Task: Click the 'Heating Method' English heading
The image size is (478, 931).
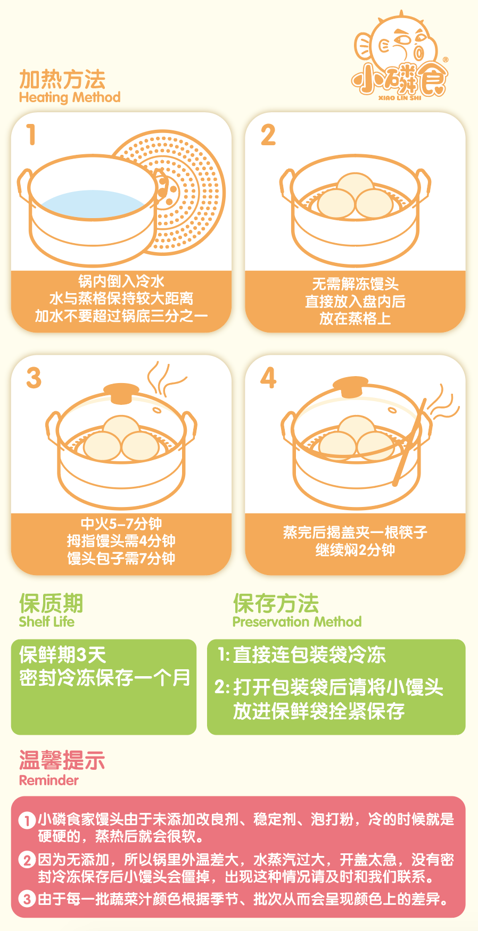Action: click(70, 97)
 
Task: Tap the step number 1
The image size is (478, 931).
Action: click(31, 134)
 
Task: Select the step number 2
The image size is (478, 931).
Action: click(268, 135)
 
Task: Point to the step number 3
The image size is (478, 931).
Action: click(34, 378)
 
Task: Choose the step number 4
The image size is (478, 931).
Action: click(268, 378)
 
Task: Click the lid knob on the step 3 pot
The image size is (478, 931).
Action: click(121, 393)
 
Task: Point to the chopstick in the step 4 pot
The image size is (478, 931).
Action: click(410, 442)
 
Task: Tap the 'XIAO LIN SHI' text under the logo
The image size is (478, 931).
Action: click(400, 98)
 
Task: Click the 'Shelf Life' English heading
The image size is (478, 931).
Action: click(47, 621)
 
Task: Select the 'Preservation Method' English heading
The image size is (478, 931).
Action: click(297, 621)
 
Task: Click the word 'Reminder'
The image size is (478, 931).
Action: click(49, 780)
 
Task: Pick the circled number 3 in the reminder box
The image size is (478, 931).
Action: click(27, 899)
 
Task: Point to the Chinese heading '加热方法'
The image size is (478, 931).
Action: click(62, 79)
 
